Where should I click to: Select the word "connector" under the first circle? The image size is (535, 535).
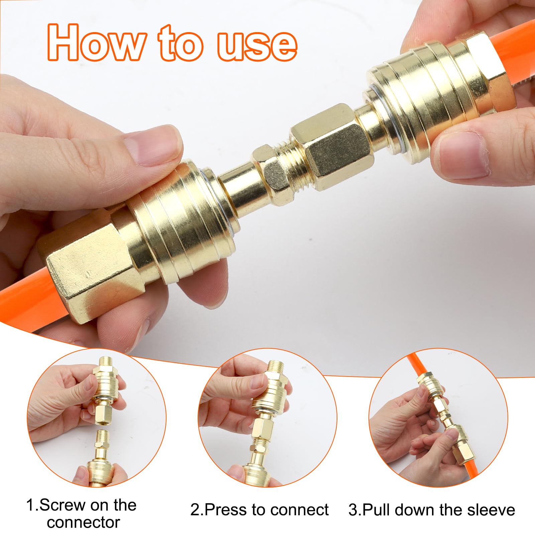pyautogui.click(x=83, y=522)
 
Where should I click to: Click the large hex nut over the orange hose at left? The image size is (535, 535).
pyautogui.click(x=90, y=264)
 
